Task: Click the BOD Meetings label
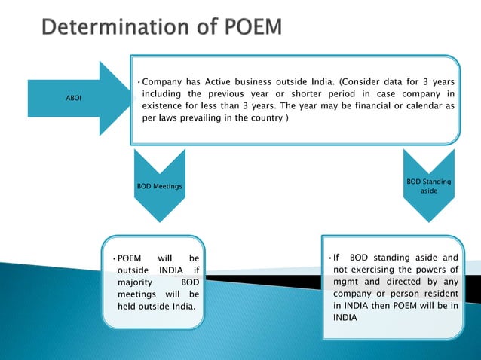click(159, 186)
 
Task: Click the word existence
click(165, 106)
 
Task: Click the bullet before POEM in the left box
click(115, 258)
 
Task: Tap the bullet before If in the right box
click(329, 258)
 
